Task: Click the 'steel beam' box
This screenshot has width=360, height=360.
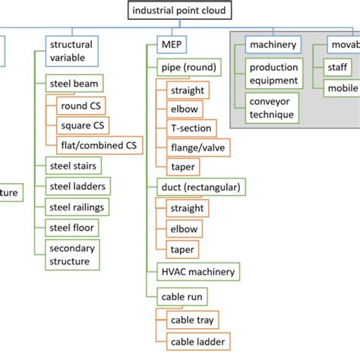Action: pos(75,83)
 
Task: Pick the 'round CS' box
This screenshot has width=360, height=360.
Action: pos(81,104)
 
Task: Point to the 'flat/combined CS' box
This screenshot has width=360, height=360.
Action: pos(98,144)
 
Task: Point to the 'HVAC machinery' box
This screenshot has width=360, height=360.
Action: pos(197,271)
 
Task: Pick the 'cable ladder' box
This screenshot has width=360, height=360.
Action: pos(196,342)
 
